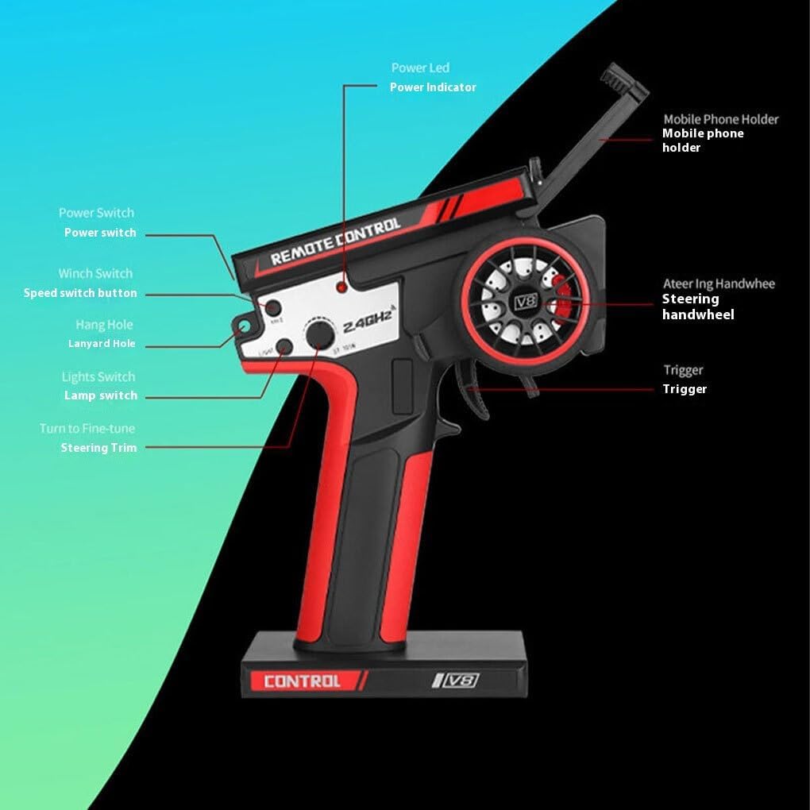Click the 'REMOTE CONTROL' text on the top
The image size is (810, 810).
[336, 241]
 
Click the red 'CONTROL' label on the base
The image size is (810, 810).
[302, 681]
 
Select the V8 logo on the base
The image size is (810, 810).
[457, 680]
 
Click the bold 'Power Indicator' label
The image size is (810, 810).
[433, 87]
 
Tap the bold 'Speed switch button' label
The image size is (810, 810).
[80, 293]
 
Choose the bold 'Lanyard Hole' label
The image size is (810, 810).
[102, 344]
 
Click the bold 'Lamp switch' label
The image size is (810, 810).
[101, 395]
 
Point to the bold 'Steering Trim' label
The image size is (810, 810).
[98, 448]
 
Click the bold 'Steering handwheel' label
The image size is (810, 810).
[697, 307]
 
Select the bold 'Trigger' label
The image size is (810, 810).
[685, 389]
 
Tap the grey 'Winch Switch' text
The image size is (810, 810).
[95, 273]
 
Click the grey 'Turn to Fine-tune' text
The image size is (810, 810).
[87, 429]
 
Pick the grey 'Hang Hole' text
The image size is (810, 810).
[104, 325]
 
